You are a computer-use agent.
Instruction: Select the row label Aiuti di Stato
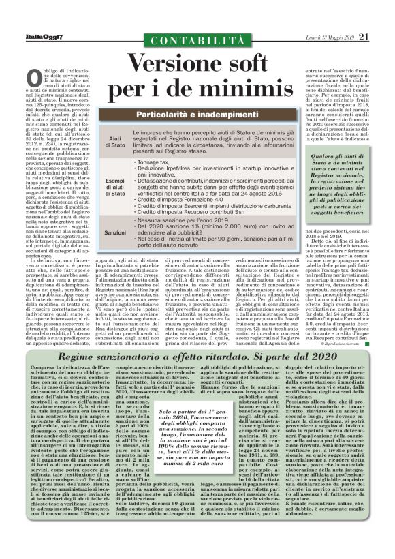coord(117,142)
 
